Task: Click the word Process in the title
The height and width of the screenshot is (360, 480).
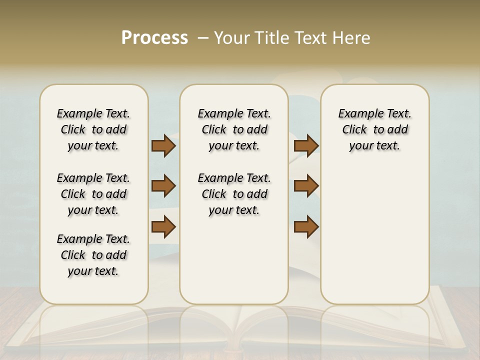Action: pyautogui.click(x=154, y=38)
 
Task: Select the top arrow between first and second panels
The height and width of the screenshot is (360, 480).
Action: pyautogui.click(x=163, y=145)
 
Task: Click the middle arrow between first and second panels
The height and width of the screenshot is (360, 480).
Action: pyautogui.click(x=163, y=186)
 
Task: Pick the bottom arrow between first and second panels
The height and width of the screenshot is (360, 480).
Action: pyautogui.click(x=163, y=227)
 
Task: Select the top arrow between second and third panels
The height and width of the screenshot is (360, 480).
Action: pyautogui.click(x=306, y=145)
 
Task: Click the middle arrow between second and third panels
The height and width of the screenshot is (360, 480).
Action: pyautogui.click(x=306, y=186)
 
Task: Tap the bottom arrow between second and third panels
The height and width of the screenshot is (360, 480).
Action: pyautogui.click(x=306, y=227)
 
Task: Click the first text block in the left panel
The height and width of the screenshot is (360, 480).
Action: pyautogui.click(x=93, y=129)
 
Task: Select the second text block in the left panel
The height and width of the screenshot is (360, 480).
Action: pyautogui.click(x=93, y=194)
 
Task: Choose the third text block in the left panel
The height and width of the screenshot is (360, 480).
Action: pyautogui.click(x=93, y=255)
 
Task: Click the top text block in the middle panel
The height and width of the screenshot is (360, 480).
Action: pyautogui.click(x=234, y=129)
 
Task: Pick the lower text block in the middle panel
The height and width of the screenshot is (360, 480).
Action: pyautogui.click(x=234, y=194)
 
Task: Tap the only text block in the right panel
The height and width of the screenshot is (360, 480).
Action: pyautogui.click(x=374, y=129)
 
